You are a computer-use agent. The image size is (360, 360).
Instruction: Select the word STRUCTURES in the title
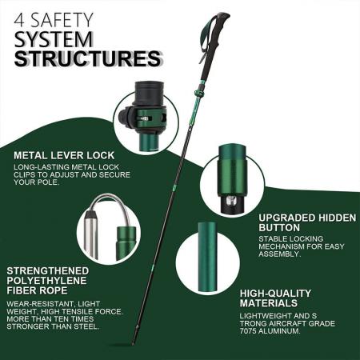tap(86, 58)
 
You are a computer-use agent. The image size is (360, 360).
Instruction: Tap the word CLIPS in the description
tap(29, 174)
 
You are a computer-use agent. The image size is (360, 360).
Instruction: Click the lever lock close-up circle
tap(142, 119)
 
